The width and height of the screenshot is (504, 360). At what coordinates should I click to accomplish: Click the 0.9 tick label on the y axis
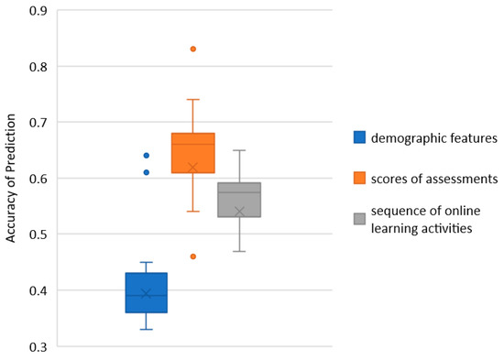(38, 10)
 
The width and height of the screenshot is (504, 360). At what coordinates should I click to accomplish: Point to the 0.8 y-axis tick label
(38, 66)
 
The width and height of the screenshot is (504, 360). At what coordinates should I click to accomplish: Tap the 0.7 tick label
(38, 122)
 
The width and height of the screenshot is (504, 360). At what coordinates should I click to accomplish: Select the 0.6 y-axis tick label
(38, 178)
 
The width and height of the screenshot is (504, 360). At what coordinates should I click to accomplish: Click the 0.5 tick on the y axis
(38, 235)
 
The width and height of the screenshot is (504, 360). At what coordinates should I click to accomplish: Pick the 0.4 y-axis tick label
(38, 290)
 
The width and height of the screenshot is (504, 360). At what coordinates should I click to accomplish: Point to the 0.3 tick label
(38, 346)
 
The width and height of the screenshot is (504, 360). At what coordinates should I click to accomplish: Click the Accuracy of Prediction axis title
(11, 178)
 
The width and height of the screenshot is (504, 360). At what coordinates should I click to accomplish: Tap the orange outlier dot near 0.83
(192, 49)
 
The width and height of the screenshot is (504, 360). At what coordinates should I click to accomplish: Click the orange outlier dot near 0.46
(192, 256)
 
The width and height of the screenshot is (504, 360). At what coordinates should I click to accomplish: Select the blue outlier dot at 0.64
(146, 155)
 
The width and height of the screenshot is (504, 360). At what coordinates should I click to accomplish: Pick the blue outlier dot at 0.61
(146, 172)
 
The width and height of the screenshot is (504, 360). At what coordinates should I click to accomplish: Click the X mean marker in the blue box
(146, 293)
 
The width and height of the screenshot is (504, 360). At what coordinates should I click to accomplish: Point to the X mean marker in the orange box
(192, 167)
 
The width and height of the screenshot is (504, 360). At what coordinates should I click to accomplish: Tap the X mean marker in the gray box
(240, 212)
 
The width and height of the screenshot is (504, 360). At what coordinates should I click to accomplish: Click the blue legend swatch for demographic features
(360, 137)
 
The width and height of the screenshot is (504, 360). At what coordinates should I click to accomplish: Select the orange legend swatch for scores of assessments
(360, 178)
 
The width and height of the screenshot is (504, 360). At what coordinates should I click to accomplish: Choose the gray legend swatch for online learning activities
(360, 219)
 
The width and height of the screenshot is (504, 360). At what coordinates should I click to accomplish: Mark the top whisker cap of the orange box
(192, 99)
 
